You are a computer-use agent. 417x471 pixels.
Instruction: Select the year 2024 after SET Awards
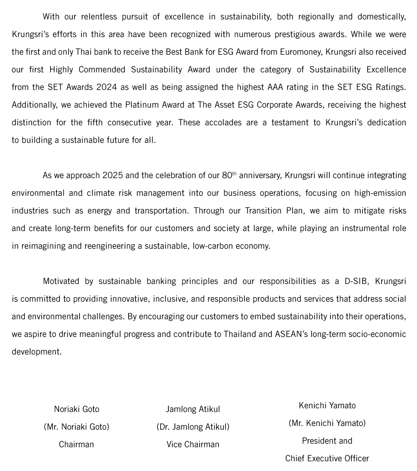107,87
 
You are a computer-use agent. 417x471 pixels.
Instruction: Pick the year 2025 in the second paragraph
112,175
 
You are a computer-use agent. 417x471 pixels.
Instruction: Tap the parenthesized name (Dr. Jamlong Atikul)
193,427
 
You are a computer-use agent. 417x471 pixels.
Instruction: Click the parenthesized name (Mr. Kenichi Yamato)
327,423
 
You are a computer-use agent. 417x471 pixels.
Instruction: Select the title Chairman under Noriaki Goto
76,445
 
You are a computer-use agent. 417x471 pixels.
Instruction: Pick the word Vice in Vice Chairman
174,445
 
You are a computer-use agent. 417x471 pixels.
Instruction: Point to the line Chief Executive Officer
327,459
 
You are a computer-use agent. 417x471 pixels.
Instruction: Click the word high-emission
380,193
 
